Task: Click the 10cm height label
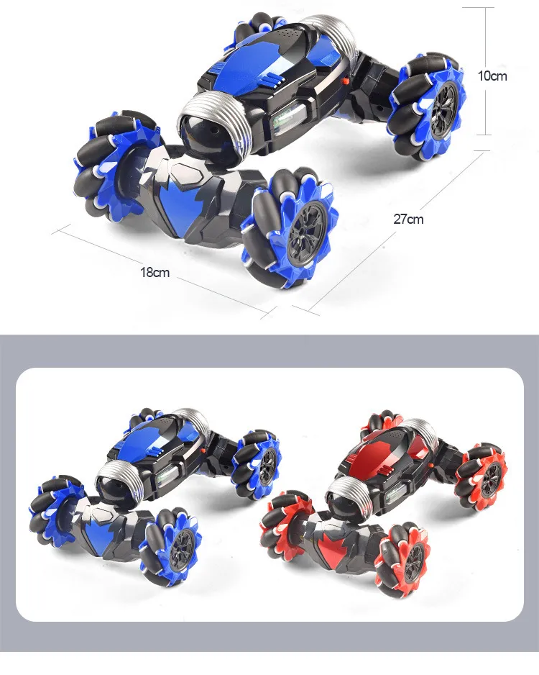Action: [x=492, y=76]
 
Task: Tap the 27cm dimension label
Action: [x=408, y=219]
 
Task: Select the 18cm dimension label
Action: [x=155, y=273]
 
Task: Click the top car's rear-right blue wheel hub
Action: [x=443, y=110]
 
